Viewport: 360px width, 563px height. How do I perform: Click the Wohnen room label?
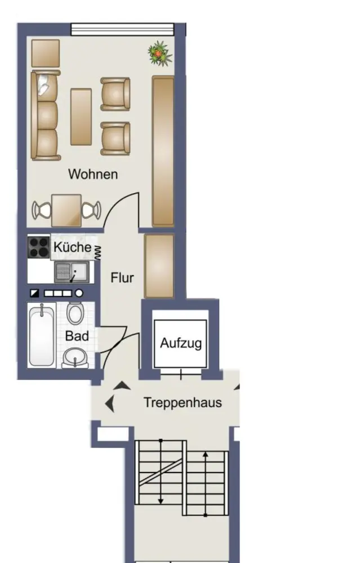coord(93,174)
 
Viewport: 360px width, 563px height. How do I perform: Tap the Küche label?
coord(72,247)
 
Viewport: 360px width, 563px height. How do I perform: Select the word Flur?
coord(122,278)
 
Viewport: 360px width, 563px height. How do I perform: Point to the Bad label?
coord(77,336)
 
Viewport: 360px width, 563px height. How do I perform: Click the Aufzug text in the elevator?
coord(181,343)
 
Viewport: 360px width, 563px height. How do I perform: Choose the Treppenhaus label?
coord(183,403)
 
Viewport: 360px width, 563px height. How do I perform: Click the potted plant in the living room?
coord(160,53)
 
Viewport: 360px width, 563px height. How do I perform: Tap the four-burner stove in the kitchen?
coord(38,247)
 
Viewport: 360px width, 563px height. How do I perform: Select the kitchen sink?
coord(72,272)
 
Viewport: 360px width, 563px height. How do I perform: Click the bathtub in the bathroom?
coord(42,335)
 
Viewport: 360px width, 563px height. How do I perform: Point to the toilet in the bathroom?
coord(75,312)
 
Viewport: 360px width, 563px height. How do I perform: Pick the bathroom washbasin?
coord(75,358)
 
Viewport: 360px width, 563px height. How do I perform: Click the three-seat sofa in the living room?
coord(45,115)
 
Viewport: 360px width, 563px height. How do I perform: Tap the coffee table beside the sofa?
coord(81,117)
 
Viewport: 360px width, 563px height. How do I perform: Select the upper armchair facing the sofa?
coord(115,94)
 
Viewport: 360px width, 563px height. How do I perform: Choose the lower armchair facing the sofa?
coord(115,138)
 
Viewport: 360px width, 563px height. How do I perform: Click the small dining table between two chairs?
coord(66,211)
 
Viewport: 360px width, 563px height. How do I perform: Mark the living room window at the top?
coord(122,29)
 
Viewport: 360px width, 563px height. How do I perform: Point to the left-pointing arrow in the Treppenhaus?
coord(110,404)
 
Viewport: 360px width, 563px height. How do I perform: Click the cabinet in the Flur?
coord(159,266)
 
